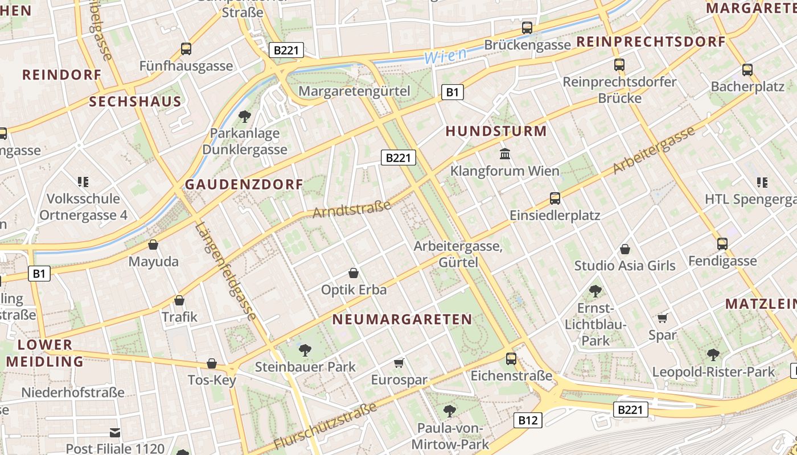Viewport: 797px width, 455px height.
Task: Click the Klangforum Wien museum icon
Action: tap(504, 154)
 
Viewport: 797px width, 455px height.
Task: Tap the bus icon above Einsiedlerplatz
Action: tap(555, 198)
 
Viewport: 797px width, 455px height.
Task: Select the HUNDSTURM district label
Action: tap(496, 131)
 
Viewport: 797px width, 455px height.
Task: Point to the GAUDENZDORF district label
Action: tap(244, 185)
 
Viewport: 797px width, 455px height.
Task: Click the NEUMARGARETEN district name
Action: tap(402, 319)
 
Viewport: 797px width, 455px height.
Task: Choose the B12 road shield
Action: tap(528, 420)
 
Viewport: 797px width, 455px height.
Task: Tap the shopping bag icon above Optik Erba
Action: tap(354, 273)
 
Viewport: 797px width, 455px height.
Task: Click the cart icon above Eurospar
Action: tap(398, 363)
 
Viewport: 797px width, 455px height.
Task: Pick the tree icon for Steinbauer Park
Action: tap(305, 350)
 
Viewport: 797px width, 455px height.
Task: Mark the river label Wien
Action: tap(445, 56)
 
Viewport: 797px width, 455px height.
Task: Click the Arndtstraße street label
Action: tap(352, 209)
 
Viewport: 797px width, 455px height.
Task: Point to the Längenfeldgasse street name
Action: tap(226, 271)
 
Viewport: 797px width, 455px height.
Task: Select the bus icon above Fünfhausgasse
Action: tap(186, 49)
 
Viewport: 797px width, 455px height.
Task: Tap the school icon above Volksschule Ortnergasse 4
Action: tap(83, 182)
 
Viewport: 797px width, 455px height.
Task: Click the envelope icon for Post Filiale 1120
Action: tap(115, 433)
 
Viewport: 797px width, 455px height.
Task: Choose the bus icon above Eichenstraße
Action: tap(511, 359)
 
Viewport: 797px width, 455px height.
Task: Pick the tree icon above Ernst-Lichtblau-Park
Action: tap(595, 291)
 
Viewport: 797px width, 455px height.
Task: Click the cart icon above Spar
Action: tap(662, 318)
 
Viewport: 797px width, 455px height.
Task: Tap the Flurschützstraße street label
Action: tap(325, 426)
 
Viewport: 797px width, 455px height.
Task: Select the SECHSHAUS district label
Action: tap(135, 102)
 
